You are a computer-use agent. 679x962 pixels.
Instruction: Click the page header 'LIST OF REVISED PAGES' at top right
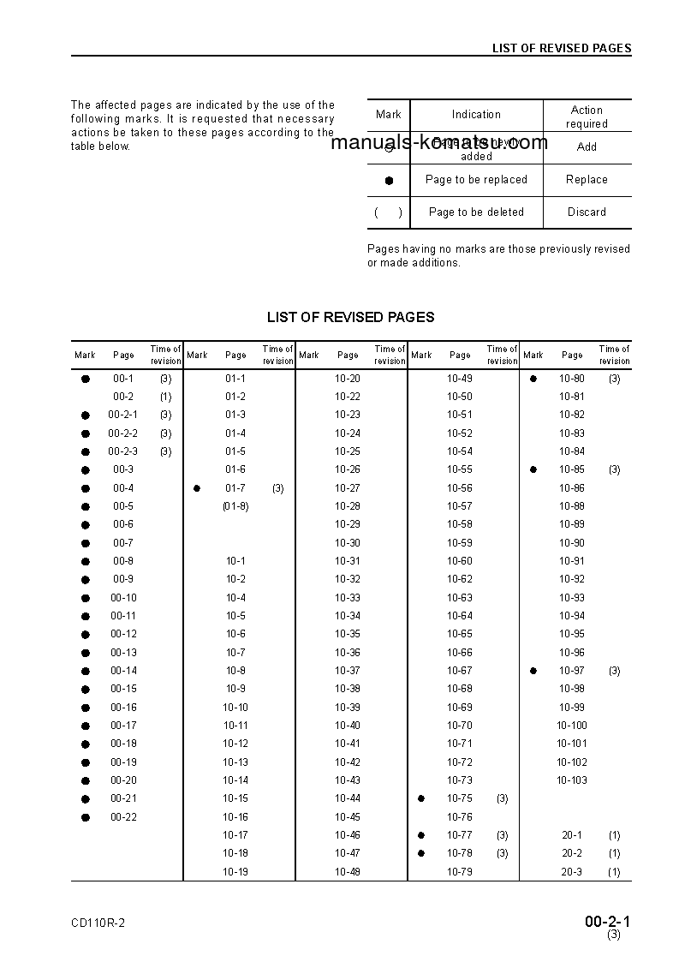click(x=561, y=48)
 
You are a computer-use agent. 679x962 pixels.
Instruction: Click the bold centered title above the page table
click(x=350, y=317)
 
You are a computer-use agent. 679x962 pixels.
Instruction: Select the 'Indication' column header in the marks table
click(x=476, y=115)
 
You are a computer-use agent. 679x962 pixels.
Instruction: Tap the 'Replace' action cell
click(x=587, y=180)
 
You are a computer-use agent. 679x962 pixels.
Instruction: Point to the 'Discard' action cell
click(x=587, y=212)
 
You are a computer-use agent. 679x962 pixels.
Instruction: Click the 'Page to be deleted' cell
click(x=476, y=212)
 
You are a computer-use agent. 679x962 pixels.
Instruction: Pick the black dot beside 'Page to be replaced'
click(x=389, y=181)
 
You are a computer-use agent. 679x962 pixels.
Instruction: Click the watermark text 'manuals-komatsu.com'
click(x=438, y=142)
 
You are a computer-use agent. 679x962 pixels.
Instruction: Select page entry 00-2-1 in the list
click(x=122, y=415)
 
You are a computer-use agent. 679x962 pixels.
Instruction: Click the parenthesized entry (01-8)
click(x=235, y=506)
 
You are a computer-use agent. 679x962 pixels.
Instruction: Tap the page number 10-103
click(x=572, y=780)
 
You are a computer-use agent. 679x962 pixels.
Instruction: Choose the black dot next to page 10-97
click(x=533, y=671)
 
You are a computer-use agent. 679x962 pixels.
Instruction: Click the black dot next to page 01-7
click(x=197, y=488)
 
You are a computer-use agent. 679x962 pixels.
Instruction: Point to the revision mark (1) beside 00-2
click(x=165, y=397)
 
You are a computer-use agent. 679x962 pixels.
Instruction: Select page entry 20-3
click(x=572, y=872)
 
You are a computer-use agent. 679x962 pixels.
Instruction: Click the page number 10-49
click(x=460, y=379)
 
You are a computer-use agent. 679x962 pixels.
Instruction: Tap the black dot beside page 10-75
click(x=421, y=798)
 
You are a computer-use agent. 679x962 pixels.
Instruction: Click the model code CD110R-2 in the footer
click(x=98, y=923)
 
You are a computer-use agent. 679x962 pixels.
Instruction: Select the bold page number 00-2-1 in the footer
click(x=608, y=922)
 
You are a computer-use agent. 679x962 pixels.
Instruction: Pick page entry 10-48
click(x=348, y=872)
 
